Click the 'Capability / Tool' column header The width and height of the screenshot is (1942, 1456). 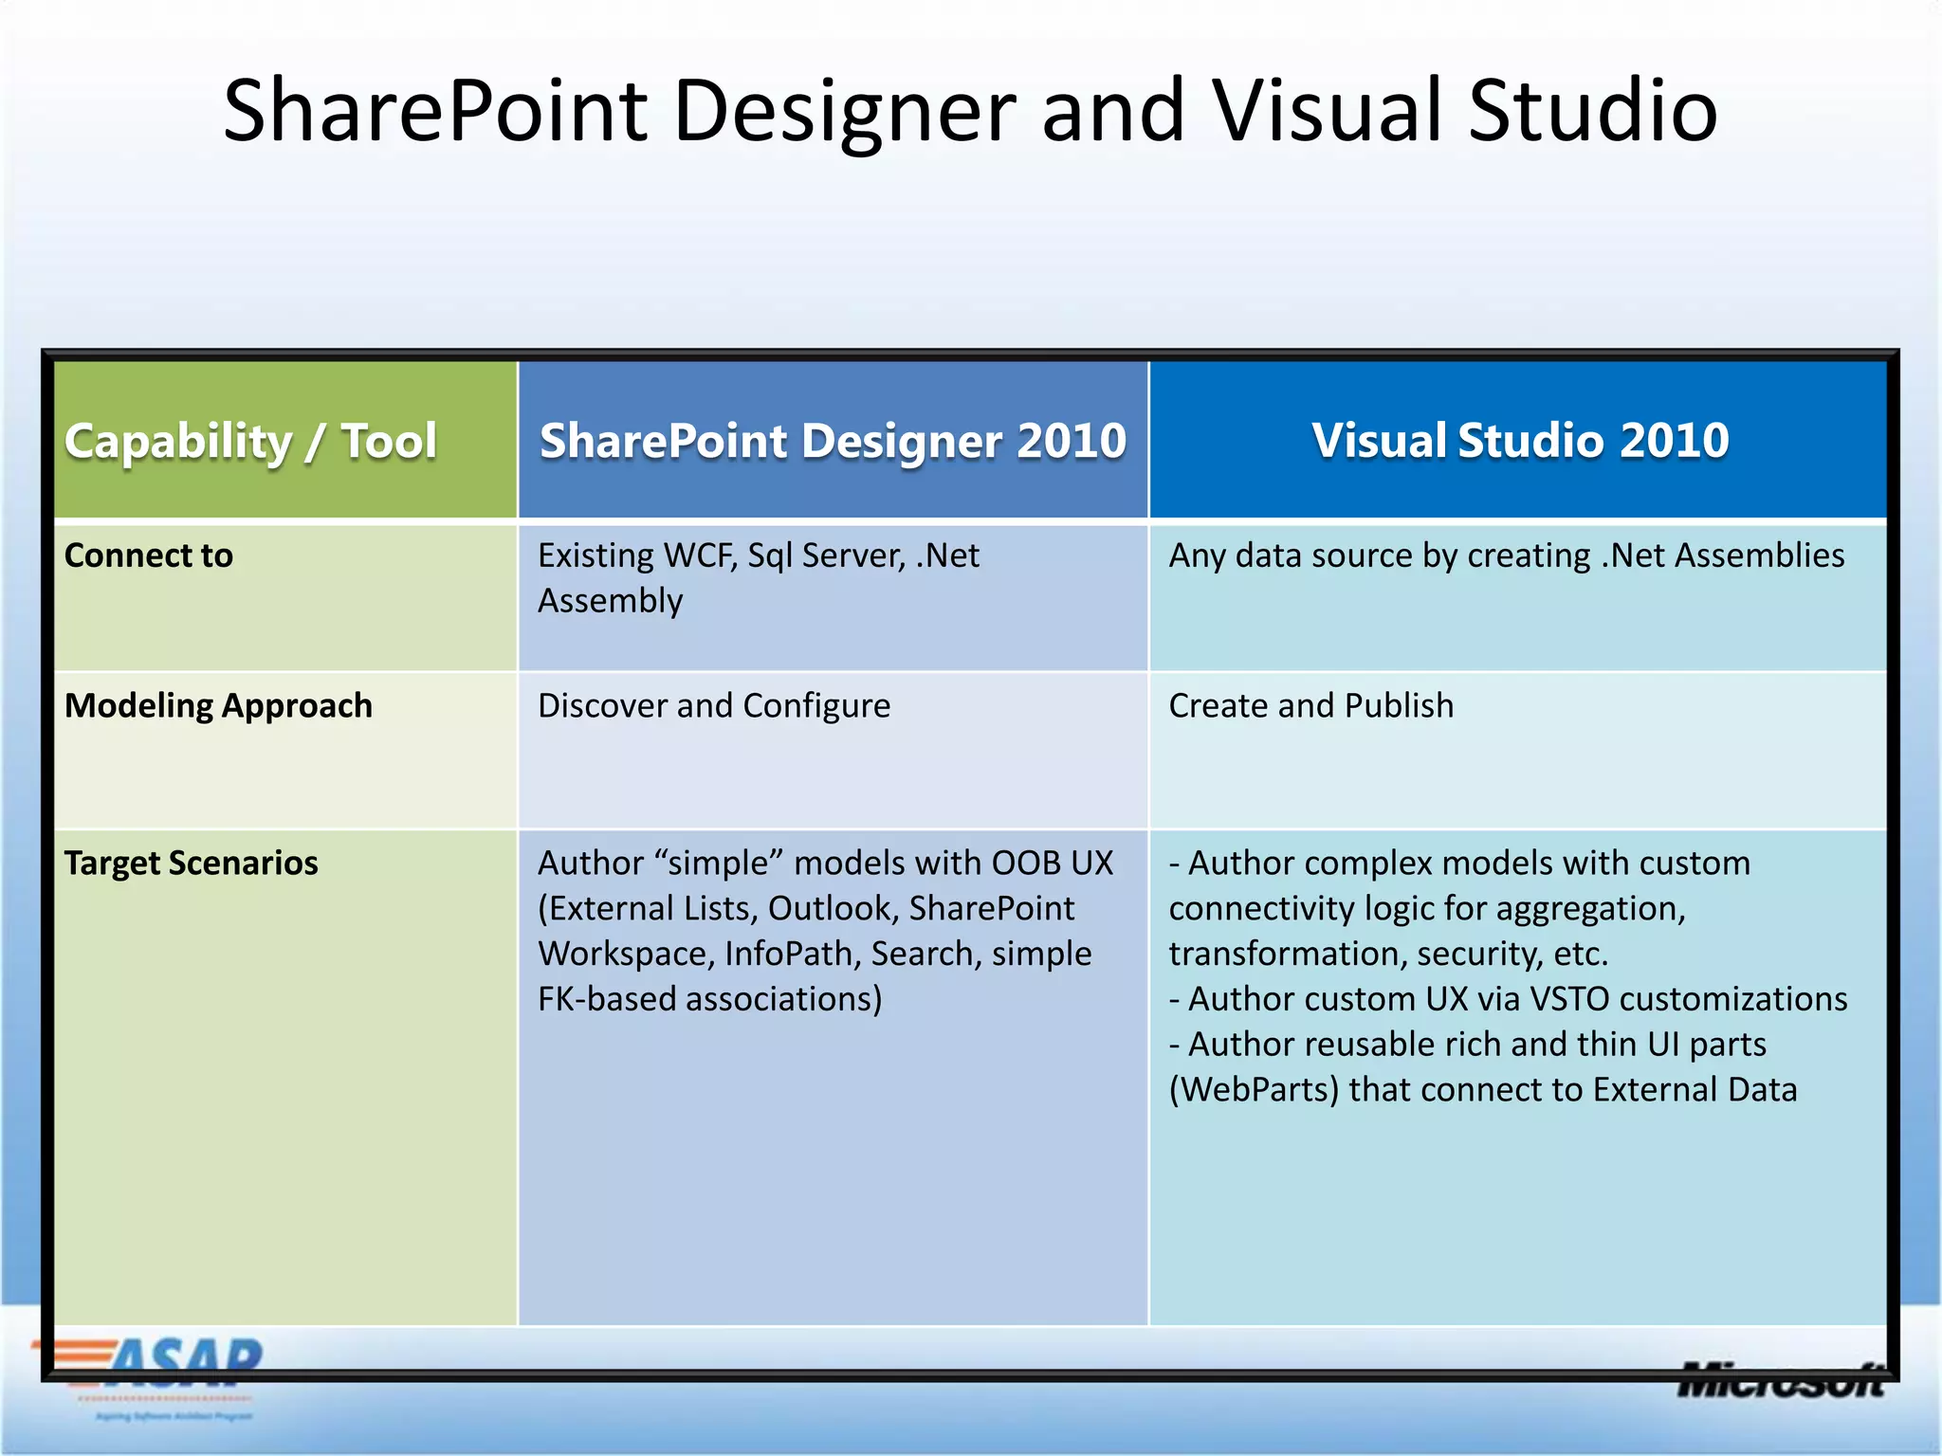tap(250, 442)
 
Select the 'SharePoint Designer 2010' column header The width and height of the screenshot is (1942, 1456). tap(833, 442)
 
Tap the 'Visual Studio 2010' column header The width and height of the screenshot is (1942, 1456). tap(1520, 441)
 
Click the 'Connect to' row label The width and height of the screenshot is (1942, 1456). tap(149, 555)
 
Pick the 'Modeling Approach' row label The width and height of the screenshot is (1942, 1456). tap(218, 706)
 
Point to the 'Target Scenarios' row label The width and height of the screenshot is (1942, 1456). tap(191, 864)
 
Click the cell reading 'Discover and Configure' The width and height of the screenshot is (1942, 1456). tap(714, 706)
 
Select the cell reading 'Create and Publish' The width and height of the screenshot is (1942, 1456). tap(1310, 706)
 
